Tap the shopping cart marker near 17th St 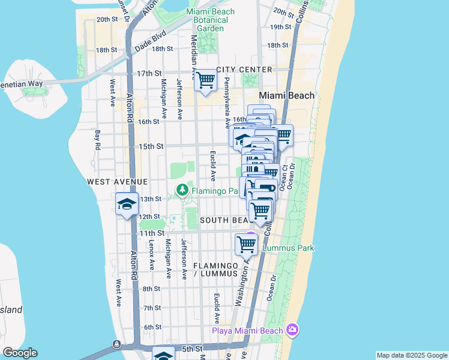(x=206, y=80)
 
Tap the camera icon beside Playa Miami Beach (x=292, y=329)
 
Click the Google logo (x=20, y=353)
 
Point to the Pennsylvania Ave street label (x=227, y=102)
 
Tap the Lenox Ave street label (x=152, y=255)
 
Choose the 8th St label (x=152, y=289)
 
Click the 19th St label (x=280, y=27)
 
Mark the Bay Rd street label (x=97, y=139)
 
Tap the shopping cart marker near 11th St (x=246, y=244)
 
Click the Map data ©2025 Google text (x=411, y=355)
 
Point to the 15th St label (x=151, y=146)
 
